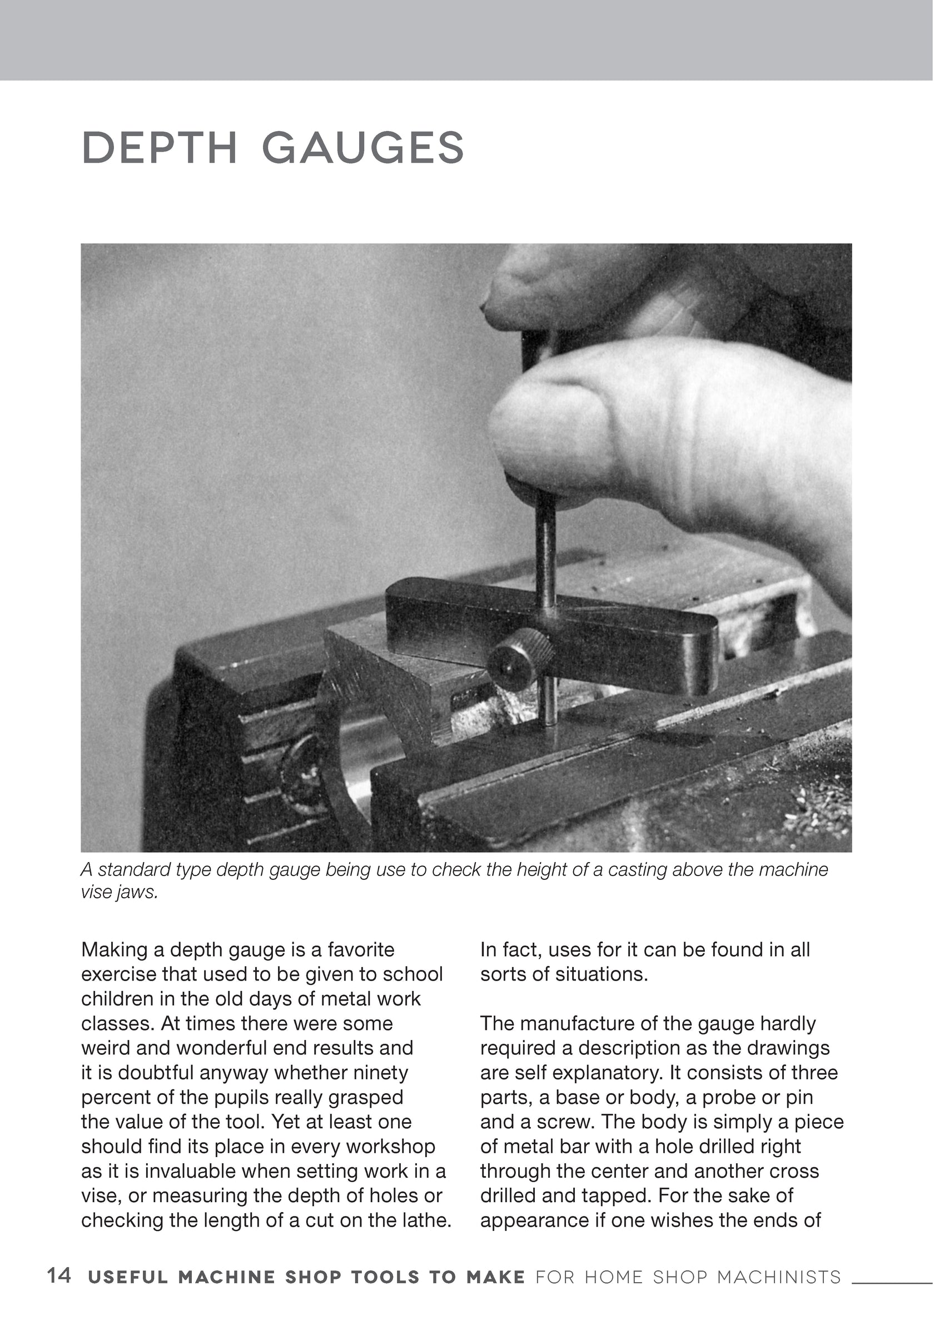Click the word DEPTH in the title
[x=160, y=148]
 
